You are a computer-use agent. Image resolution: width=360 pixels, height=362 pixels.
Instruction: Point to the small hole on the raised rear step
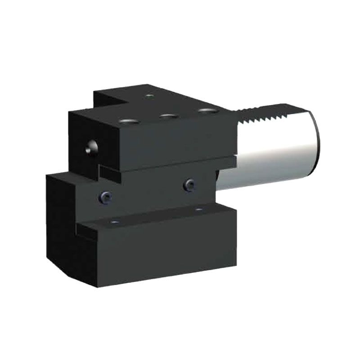pyautogui.click(x=150, y=96)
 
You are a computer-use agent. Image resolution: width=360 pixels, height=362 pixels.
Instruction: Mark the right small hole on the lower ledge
pyautogui.click(x=198, y=210)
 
